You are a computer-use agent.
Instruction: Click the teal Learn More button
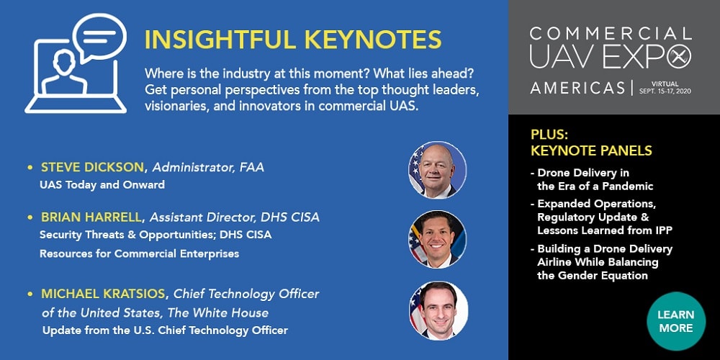coord(675,321)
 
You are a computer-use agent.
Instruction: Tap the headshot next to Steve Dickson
coord(437,170)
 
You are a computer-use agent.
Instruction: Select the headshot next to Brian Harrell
coord(437,239)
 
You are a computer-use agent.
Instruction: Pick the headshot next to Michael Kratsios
coord(438,310)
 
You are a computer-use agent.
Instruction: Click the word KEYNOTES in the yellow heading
coord(373,40)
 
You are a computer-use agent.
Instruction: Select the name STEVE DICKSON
coord(93,168)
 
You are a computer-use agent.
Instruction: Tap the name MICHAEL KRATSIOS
coord(103,294)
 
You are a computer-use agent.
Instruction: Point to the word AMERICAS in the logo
coord(577,87)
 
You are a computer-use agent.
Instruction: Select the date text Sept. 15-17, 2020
coord(665,91)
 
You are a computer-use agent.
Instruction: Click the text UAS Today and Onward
coord(102,185)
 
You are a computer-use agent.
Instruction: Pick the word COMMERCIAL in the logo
coord(611,34)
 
